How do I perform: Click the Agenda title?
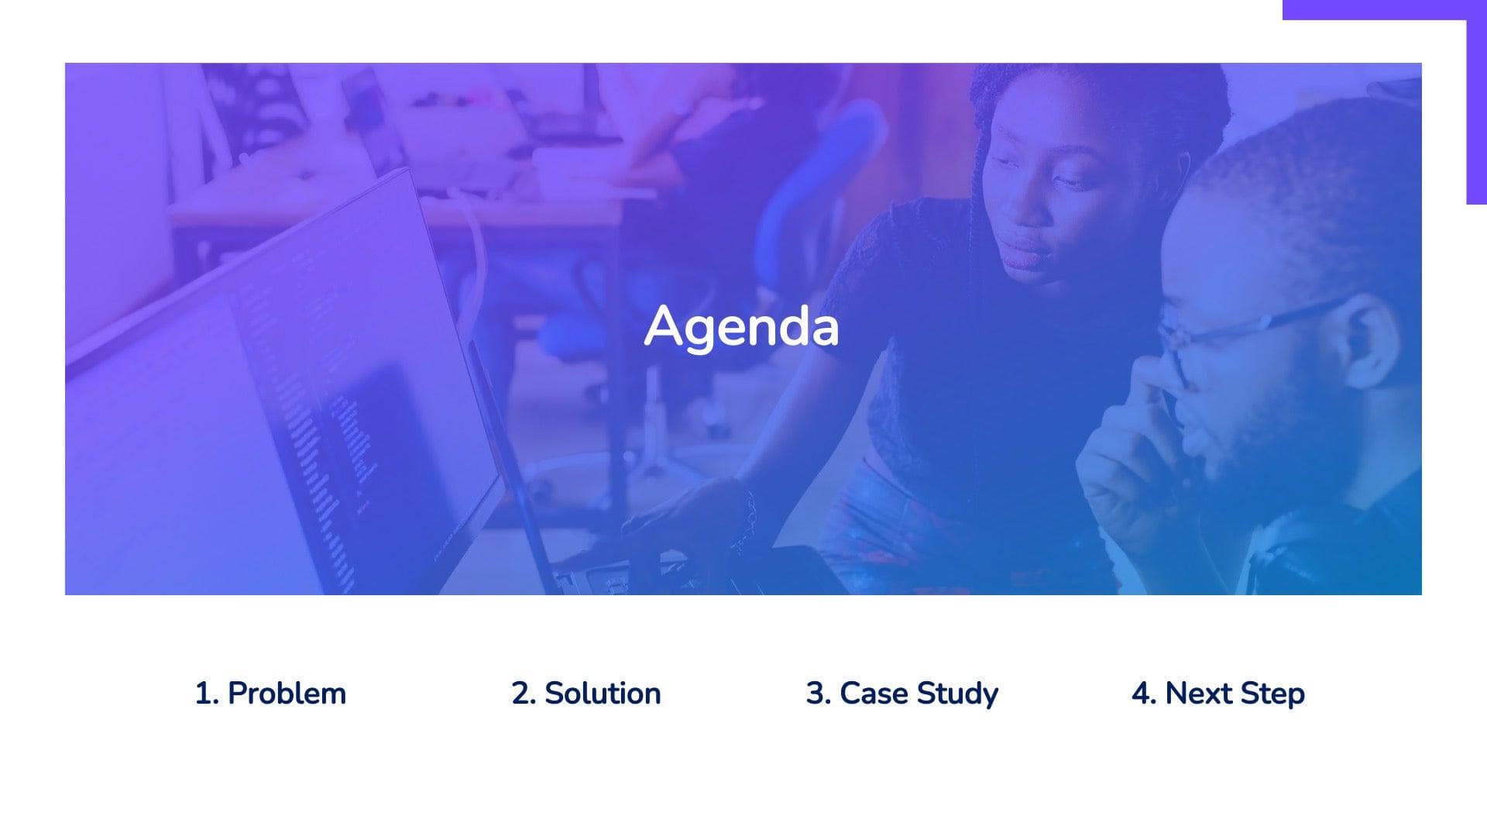click(741, 327)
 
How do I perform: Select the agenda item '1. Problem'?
click(270, 693)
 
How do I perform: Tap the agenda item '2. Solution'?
click(586, 693)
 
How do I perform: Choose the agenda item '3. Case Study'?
click(902, 693)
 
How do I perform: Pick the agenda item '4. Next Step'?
click(1218, 693)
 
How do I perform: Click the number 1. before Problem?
click(207, 693)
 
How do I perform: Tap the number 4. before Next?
click(1143, 693)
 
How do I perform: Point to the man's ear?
click(1367, 341)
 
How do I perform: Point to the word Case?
click(873, 693)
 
